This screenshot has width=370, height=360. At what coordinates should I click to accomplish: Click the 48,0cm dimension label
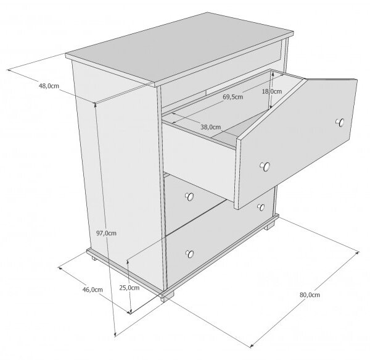point(49,86)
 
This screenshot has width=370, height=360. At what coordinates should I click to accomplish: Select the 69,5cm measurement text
point(232,97)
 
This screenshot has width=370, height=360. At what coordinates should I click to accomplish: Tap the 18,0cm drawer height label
point(272,91)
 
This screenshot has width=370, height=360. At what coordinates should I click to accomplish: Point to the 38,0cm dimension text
point(211,127)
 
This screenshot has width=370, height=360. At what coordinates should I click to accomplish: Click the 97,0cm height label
point(106,233)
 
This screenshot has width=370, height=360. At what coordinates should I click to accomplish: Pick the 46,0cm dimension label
point(92,290)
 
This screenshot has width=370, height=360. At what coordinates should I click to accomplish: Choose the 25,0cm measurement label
point(129,288)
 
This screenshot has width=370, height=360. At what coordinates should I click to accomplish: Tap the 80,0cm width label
point(310,295)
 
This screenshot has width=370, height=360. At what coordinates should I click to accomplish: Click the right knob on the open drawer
point(340,122)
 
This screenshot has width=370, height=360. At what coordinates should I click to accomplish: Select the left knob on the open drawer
point(265,166)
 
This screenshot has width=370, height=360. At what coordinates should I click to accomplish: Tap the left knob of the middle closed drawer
point(190,196)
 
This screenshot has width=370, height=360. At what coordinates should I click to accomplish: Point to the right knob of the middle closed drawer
point(261,207)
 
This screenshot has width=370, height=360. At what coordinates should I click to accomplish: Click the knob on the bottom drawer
point(190,254)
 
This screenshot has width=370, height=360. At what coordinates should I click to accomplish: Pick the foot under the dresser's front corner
point(167,296)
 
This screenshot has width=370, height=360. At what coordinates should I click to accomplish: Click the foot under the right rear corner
point(269,226)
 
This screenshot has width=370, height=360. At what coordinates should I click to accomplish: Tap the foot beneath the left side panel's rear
point(94,257)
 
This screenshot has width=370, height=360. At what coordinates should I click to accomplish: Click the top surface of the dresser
point(179,47)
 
